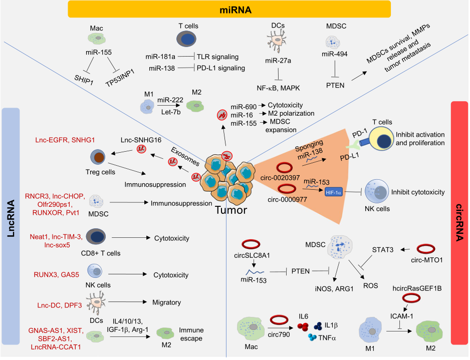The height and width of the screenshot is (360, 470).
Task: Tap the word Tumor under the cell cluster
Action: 231,210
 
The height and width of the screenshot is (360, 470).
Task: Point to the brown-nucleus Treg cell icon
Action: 98,157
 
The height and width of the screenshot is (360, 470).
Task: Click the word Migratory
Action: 167,302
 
